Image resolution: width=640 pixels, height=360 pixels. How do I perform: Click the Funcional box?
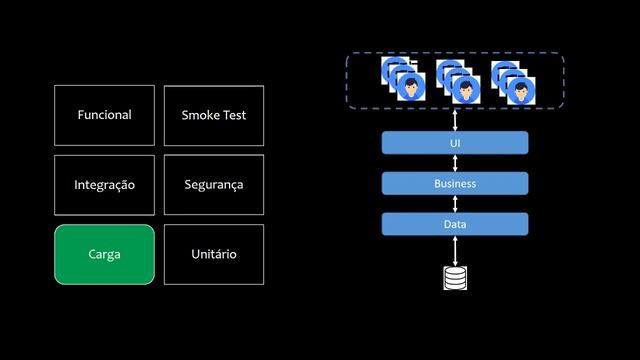pos(104,115)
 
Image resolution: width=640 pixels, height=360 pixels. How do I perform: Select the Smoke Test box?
pos(214,115)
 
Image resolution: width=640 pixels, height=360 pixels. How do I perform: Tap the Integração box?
pos(104,185)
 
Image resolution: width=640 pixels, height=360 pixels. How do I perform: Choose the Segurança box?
pos(214,185)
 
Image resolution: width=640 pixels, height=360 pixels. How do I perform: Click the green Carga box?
pos(104,254)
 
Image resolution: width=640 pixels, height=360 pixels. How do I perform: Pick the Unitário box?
pos(214,254)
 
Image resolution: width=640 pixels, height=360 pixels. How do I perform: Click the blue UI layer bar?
pos(455,144)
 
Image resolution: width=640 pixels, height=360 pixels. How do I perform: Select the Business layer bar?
pos(455,184)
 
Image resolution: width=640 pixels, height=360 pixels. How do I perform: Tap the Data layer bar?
pos(455,224)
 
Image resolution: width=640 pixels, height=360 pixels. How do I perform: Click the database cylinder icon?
pos(455,277)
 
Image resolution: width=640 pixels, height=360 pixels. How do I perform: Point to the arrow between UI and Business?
pos(455,164)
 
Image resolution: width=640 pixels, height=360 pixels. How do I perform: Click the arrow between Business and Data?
pos(455,204)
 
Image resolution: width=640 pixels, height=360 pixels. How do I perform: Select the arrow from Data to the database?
pos(455,250)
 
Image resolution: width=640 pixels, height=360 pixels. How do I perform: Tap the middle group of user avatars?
pos(458,81)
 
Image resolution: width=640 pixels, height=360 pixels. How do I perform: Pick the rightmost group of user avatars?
pos(513,81)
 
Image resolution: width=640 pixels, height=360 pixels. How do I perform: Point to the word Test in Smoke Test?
pos(234,115)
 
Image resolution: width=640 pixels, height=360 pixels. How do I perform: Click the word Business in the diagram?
pos(455,184)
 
